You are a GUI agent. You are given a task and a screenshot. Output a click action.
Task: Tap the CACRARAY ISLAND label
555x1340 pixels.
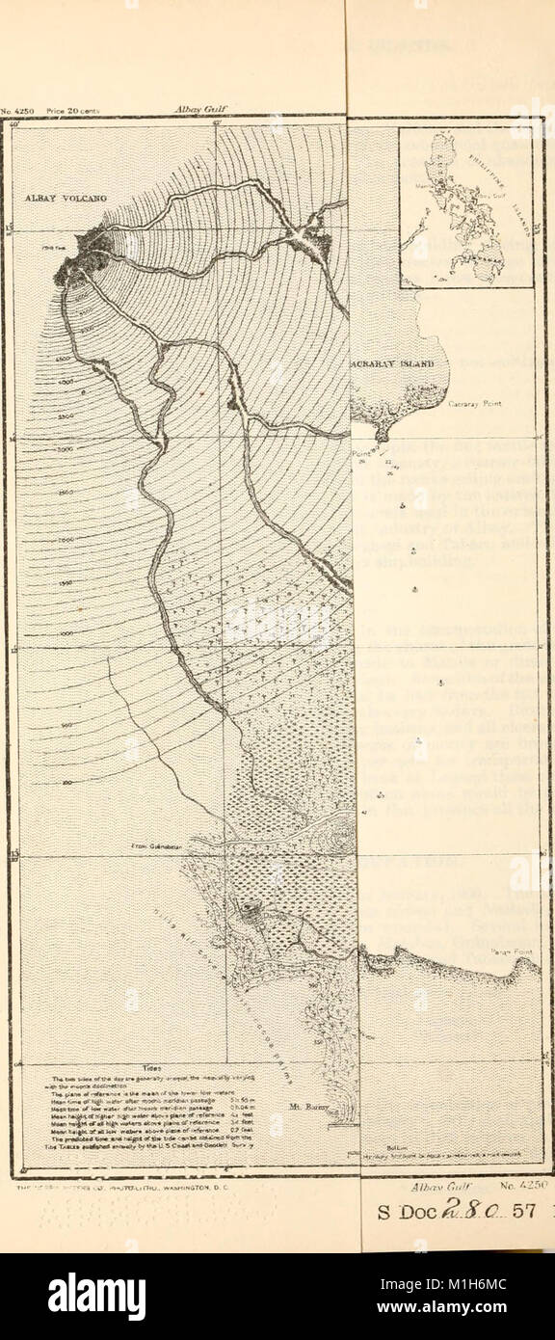click(394, 363)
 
